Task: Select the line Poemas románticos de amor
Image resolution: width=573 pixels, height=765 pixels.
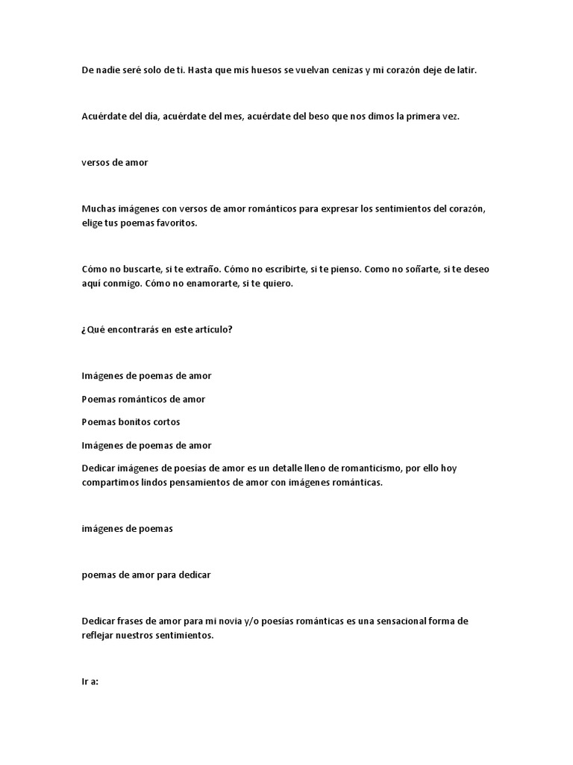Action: click(x=143, y=399)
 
